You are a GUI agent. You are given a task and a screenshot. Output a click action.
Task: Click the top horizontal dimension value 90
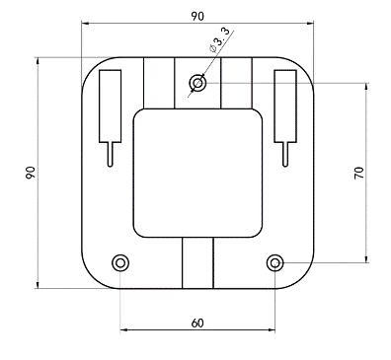tap(197, 16)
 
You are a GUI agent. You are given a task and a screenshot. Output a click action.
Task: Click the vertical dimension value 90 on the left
tap(31, 173)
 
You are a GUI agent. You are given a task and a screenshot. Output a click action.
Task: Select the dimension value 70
tap(359, 173)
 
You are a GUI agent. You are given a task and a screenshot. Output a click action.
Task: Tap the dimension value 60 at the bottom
tap(197, 324)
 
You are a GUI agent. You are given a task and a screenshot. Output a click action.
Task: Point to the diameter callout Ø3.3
tap(219, 40)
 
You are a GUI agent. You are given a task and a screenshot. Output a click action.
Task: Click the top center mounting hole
tap(197, 83)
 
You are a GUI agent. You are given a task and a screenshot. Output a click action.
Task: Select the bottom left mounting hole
tap(120, 262)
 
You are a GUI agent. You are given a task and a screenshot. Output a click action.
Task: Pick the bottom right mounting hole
tap(274, 262)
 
